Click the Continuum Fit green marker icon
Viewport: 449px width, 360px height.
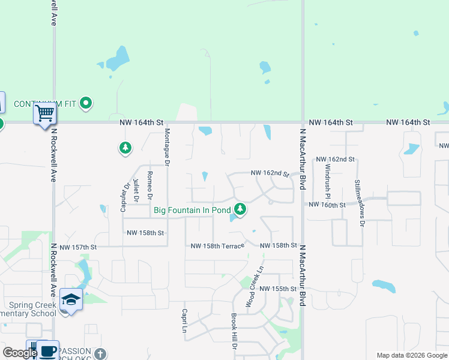[x=86, y=103]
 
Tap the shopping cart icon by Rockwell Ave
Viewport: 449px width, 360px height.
[x=45, y=113]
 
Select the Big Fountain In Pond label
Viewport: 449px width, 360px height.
[x=192, y=210]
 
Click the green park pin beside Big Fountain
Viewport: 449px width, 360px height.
[x=240, y=209]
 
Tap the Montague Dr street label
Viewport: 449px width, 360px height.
[x=167, y=147]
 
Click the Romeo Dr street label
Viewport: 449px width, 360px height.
[x=150, y=185]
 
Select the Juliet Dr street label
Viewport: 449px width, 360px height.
[x=136, y=190]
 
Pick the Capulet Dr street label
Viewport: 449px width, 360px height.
[x=125, y=197]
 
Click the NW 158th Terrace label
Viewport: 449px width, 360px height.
[x=217, y=246]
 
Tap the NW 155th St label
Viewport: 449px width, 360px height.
[x=279, y=289]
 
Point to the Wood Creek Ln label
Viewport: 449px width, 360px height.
[x=255, y=286]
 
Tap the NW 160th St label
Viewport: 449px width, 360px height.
[x=327, y=205]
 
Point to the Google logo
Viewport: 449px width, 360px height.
[x=20, y=353]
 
